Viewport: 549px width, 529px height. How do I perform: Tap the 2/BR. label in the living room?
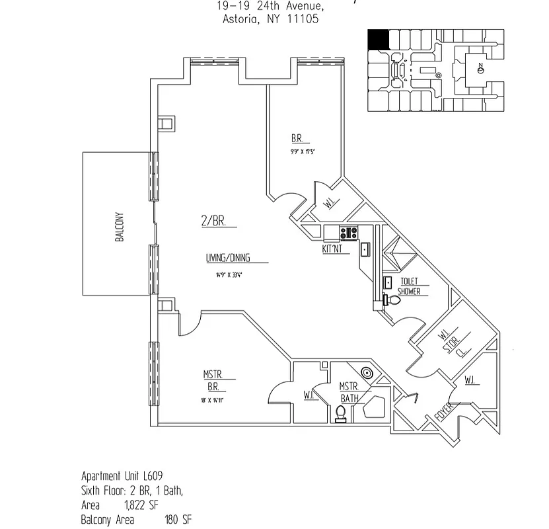pyautogui.click(x=213, y=222)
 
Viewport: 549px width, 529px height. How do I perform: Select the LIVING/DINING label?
pyautogui.click(x=228, y=259)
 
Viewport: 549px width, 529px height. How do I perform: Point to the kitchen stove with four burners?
pyautogui.click(x=348, y=233)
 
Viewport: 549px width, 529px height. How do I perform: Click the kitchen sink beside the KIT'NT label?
pyautogui.click(x=364, y=249)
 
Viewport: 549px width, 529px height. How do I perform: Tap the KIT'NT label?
pyautogui.click(x=332, y=249)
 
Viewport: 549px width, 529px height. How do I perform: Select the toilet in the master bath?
pyautogui.click(x=342, y=414)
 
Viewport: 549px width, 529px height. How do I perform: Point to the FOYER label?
pyautogui.click(x=445, y=411)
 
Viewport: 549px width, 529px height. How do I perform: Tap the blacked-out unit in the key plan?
pyautogui.click(x=377, y=40)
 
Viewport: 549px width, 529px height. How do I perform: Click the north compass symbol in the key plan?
pyautogui.click(x=481, y=68)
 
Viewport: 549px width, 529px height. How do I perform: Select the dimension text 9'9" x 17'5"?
pyautogui.click(x=302, y=151)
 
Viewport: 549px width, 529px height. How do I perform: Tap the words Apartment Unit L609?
pyautogui.click(x=122, y=476)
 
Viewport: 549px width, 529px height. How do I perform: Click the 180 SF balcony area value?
pyautogui.click(x=178, y=520)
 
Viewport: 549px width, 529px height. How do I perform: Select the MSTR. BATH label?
pyautogui.click(x=349, y=392)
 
